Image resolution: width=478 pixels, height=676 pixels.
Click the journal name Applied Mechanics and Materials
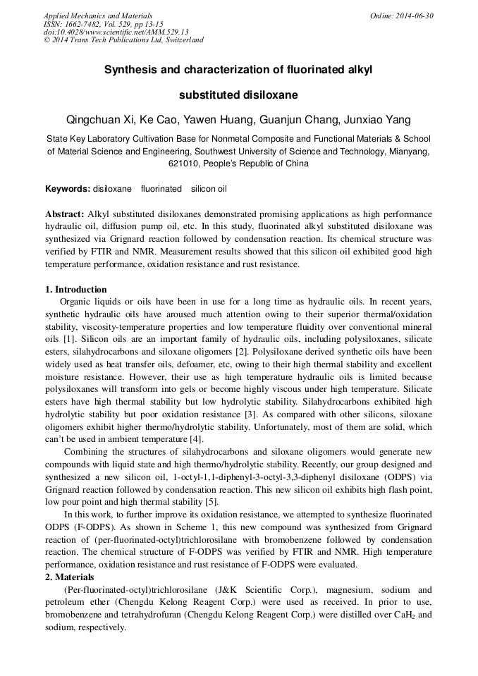(x=98, y=16)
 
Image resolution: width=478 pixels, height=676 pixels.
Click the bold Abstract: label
(x=65, y=214)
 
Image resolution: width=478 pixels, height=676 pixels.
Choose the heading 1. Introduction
(x=76, y=290)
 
